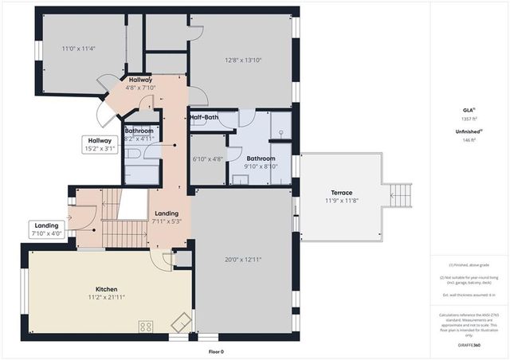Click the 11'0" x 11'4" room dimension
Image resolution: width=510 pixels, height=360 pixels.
79,49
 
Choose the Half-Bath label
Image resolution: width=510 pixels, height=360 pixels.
204,118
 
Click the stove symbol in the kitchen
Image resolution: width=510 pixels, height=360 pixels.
147,326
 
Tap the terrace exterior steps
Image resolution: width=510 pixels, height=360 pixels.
401,194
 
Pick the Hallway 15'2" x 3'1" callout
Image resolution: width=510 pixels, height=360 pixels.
100,144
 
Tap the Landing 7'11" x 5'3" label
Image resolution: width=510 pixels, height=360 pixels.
167,217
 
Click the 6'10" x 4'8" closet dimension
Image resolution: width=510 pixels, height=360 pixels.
208,158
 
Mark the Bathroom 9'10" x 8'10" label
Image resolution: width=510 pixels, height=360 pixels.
261,162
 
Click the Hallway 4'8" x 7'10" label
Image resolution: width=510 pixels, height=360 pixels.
140,84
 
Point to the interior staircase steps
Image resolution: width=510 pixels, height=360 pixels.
123,233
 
